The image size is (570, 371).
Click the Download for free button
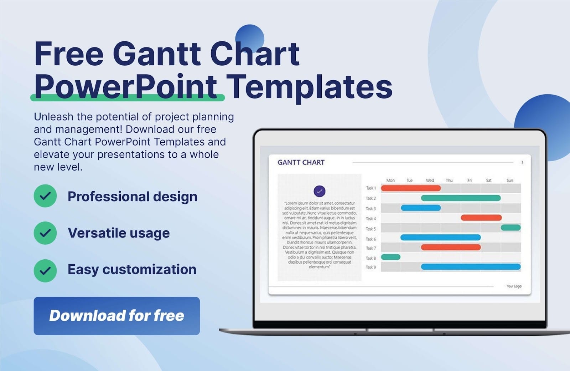(x=116, y=316)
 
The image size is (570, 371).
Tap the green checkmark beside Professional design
(x=45, y=196)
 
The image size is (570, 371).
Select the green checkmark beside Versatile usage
(x=45, y=233)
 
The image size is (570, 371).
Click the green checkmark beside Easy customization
(x=45, y=270)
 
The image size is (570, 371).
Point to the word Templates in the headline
(x=309, y=87)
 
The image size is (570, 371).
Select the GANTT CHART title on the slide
(x=301, y=162)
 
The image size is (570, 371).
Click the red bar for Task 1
(x=411, y=188)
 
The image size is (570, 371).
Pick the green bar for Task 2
(x=461, y=198)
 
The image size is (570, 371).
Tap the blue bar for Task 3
(x=421, y=208)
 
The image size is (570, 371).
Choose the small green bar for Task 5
(x=511, y=228)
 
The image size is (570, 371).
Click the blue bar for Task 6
(x=440, y=237)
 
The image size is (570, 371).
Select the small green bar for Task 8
(x=391, y=257)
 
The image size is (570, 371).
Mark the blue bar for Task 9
(x=471, y=266)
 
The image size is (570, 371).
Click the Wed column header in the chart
(x=430, y=180)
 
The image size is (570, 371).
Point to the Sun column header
(x=510, y=180)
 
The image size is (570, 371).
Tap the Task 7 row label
(x=371, y=248)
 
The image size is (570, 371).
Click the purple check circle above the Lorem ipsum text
(x=320, y=191)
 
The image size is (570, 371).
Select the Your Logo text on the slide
(x=514, y=286)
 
